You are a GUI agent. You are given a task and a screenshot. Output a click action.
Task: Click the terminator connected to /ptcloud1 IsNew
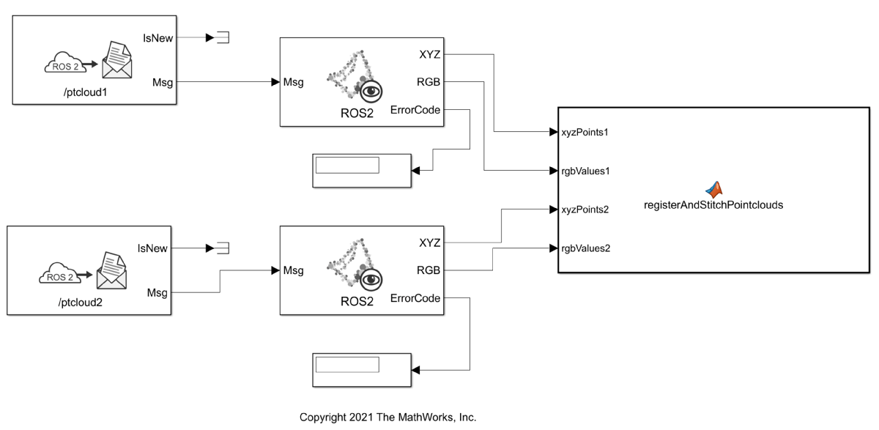click(223, 37)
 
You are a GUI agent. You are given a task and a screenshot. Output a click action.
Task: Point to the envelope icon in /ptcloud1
click(116, 61)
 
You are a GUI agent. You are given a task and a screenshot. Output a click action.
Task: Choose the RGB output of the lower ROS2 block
click(429, 270)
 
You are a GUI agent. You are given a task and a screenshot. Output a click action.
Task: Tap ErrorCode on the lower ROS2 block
click(415, 298)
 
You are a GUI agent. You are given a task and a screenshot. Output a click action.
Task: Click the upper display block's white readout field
click(347, 166)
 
